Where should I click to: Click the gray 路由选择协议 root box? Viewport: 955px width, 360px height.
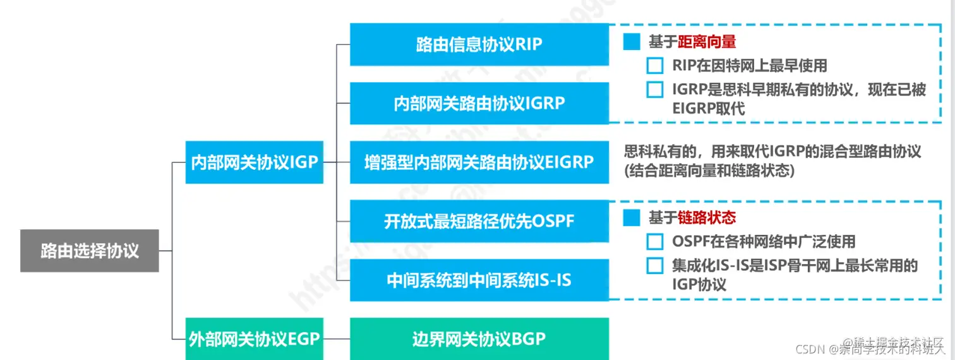[89, 251]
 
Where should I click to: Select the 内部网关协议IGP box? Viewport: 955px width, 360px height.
[254, 162]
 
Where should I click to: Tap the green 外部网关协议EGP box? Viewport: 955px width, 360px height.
[254, 339]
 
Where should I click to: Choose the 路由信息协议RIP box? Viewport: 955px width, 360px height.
[479, 44]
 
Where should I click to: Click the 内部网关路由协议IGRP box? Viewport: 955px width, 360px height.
[479, 102]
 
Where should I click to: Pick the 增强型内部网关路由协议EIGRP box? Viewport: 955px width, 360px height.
[479, 162]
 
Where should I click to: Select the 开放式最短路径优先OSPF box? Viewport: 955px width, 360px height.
[479, 221]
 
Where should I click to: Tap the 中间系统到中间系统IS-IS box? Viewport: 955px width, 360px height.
[479, 280]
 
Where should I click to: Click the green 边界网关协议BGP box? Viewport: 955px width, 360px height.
[479, 339]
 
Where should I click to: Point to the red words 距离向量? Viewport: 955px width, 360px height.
[707, 42]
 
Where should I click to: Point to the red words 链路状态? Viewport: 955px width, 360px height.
[707, 218]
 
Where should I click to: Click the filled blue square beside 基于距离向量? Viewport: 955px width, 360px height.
[632, 42]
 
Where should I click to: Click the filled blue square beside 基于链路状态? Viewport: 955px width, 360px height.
[632, 218]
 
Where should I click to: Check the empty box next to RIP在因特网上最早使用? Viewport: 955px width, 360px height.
[656, 66]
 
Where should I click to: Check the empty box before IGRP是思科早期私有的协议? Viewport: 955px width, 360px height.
[656, 90]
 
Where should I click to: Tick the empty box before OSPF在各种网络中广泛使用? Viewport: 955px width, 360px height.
[656, 241]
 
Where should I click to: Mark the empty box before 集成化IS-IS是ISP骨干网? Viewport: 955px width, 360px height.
[656, 266]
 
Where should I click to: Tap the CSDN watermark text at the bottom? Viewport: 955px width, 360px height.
[812, 349]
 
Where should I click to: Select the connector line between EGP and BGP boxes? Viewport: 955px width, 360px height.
[337, 339]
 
